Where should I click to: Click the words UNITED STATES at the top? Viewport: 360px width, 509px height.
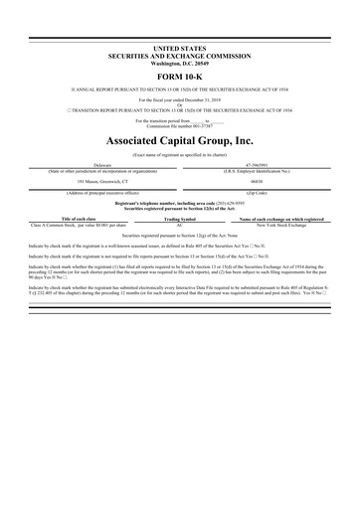click(x=179, y=47)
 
